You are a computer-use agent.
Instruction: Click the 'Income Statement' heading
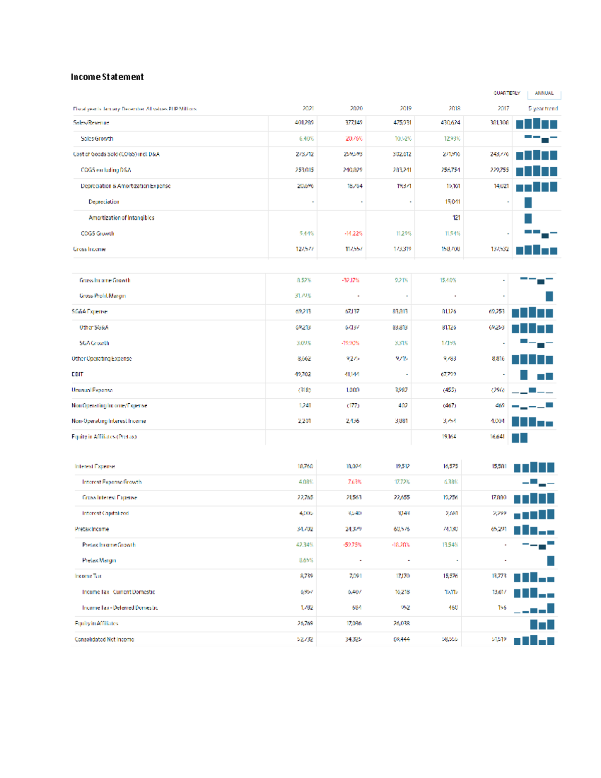(107, 77)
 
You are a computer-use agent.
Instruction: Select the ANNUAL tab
(544, 93)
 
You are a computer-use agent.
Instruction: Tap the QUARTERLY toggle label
(506, 93)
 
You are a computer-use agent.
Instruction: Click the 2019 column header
(406, 108)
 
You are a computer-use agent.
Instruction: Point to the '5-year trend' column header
(543, 108)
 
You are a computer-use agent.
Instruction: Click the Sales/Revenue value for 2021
(305, 123)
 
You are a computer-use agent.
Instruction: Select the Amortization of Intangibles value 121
(456, 217)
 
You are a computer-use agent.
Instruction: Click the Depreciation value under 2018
(453, 202)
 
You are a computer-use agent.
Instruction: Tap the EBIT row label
(78, 374)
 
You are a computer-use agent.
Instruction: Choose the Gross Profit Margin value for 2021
(303, 296)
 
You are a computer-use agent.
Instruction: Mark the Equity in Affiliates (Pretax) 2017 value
(497, 437)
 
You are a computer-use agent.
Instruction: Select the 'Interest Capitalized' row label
(105, 513)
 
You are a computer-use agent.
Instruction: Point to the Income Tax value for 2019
(403, 576)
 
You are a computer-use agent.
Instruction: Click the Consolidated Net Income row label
(104, 639)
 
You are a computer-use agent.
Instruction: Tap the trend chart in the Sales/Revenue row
(536, 123)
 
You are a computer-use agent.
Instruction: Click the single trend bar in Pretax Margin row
(551, 561)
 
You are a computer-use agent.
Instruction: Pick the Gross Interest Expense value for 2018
(450, 497)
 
